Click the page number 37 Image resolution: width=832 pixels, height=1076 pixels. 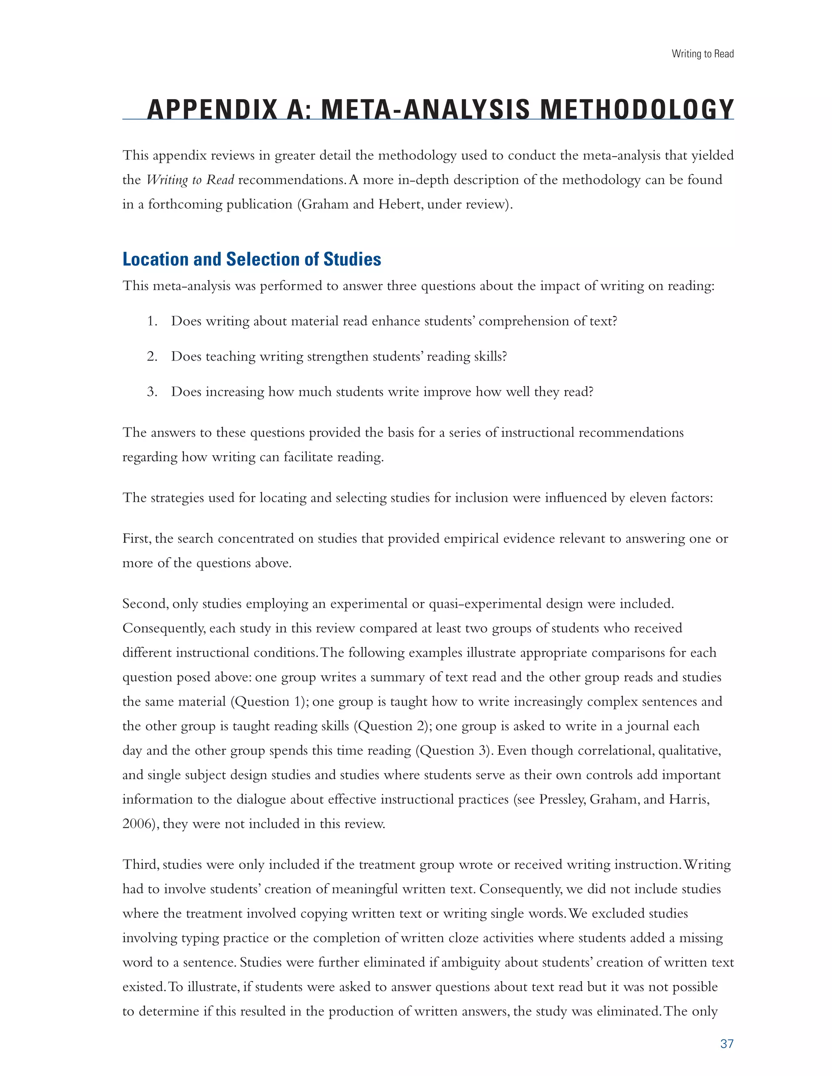726,1044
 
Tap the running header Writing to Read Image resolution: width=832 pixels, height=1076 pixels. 702,54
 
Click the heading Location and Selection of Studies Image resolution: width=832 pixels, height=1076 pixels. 251,259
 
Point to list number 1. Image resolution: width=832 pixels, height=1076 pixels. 152,321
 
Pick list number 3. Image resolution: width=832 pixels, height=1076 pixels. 152,392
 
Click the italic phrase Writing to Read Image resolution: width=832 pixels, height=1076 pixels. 190,180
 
